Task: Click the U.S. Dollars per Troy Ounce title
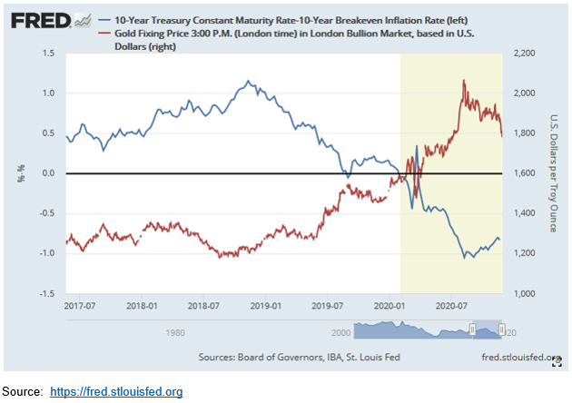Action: coord(553,173)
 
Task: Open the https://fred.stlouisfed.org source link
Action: coord(116,392)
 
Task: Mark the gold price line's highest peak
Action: coord(465,81)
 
